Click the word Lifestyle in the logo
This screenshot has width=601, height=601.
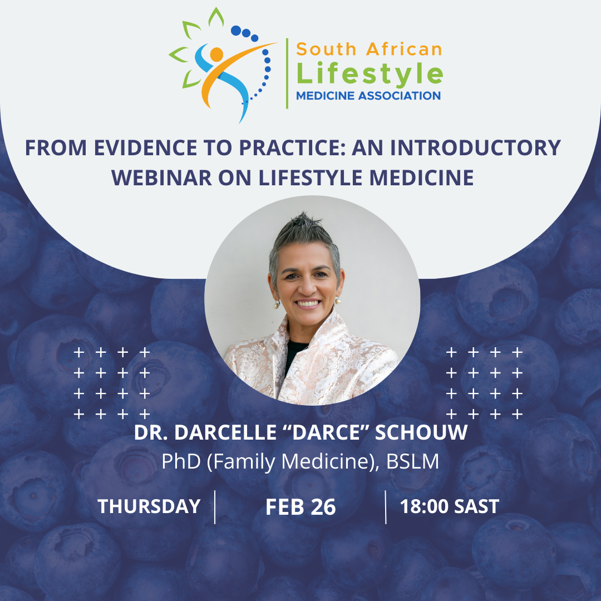pyautogui.click(x=370, y=73)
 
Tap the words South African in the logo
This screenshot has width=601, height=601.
pyautogui.click(x=369, y=49)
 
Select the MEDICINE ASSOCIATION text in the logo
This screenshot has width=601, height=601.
pyautogui.click(x=368, y=96)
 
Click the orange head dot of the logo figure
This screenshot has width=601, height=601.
pyautogui.click(x=216, y=55)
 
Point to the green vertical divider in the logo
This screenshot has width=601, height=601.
pyautogui.click(x=287, y=73)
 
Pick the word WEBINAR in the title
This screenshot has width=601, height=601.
pyautogui.click(x=161, y=178)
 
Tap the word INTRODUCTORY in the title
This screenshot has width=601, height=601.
pyautogui.click(x=475, y=147)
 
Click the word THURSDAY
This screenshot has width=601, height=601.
pyautogui.click(x=149, y=506)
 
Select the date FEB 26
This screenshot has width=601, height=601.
pyautogui.click(x=300, y=507)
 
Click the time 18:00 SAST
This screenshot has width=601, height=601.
pyautogui.click(x=450, y=506)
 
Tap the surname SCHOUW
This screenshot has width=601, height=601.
pyautogui.click(x=421, y=432)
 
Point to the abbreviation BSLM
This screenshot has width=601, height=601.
pyautogui.click(x=412, y=461)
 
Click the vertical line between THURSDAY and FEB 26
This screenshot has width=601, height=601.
pyautogui.click(x=215, y=507)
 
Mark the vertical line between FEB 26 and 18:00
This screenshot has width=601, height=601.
pyautogui.click(x=386, y=507)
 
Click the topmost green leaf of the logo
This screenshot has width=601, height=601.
pyautogui.click(x=216, y=17)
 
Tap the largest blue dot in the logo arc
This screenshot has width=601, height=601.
pyautogui.click(x=236, y=30)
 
